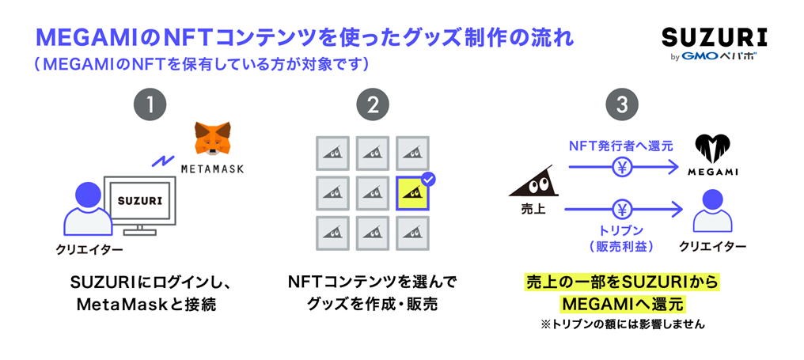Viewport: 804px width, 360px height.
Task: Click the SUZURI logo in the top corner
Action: (x=715, y=38)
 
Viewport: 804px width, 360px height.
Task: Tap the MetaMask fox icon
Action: (x=212, y=138)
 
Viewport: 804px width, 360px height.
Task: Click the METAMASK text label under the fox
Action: (x=212, y=169)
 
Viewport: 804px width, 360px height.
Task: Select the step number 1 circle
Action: (x=150, y=106)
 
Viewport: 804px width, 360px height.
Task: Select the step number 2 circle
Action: (x=373, y=106)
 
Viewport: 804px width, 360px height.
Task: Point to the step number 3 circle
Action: (x=622, y=106)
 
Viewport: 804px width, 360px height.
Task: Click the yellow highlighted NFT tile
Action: (x=413, y=193)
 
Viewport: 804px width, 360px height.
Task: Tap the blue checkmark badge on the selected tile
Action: (x=428, y=179)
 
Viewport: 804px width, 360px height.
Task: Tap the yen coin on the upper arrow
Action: (x=623, y=167)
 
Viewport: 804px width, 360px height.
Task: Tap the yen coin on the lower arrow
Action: (x=623, y=209)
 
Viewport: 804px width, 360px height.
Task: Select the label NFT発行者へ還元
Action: (x=621, y=146)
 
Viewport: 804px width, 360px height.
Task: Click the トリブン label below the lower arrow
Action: (x=622, y=231)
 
